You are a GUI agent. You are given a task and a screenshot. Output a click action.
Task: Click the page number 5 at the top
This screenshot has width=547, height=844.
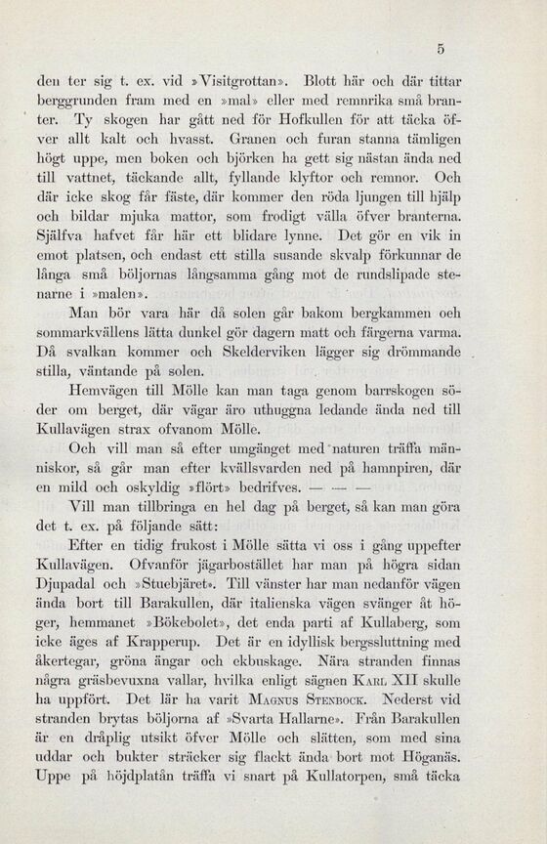coord(442,48)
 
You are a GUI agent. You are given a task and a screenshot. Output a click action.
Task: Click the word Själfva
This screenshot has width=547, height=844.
coord(60,235)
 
